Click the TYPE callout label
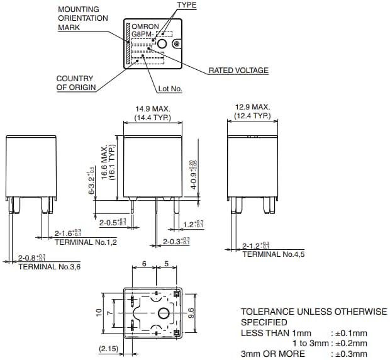[186, 6]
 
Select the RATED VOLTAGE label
[238, 70]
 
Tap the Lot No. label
[170, 89]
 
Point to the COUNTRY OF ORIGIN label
[75, 83]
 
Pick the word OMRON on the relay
[145, 26]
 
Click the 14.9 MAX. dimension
[153, 108]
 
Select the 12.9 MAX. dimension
[252, 107]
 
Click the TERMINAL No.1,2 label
[86, 242]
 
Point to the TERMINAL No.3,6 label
[49, 266]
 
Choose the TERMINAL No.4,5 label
[274, 254]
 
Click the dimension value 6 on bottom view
[144, 264]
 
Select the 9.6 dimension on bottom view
[191, 313]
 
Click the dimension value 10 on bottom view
[99, 313]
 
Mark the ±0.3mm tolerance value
[349, 353]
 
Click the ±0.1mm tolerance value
[349, 333]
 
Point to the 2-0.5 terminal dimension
[113, 222]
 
